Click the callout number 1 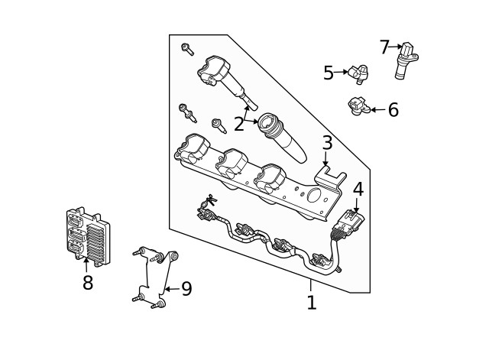pos(311,303)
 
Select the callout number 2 pos(239,124)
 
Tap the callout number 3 pos(326,143)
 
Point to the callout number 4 pos(358,189)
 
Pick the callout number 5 pos(329,73)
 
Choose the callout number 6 pos(393,110)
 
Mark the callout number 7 pos(384,47)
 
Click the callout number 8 pos(87,283)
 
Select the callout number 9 pos(186,289)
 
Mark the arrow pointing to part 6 pos(375,110)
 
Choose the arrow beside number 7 pos(397,47)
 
